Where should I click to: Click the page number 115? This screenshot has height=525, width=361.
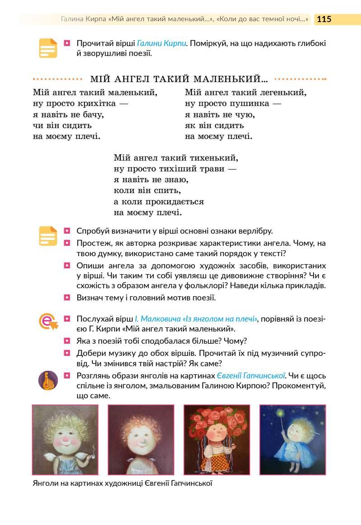coord(324,19)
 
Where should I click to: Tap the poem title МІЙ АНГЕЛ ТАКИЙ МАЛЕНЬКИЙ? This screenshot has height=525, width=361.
coord(179,79)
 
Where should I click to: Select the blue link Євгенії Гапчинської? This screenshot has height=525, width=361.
coord(251,376)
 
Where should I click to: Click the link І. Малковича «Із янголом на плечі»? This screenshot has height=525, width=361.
coord(196,319)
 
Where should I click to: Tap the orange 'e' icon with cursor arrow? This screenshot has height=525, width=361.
coord(48,321)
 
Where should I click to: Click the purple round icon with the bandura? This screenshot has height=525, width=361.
coord(48,380)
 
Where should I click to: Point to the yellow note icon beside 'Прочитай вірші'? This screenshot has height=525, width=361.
coord(48,48)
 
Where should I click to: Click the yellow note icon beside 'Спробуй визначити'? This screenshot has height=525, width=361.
coord(48,235)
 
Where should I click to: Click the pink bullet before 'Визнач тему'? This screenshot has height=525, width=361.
coord(67,298)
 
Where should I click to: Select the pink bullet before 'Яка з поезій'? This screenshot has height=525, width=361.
coord(67,341)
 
